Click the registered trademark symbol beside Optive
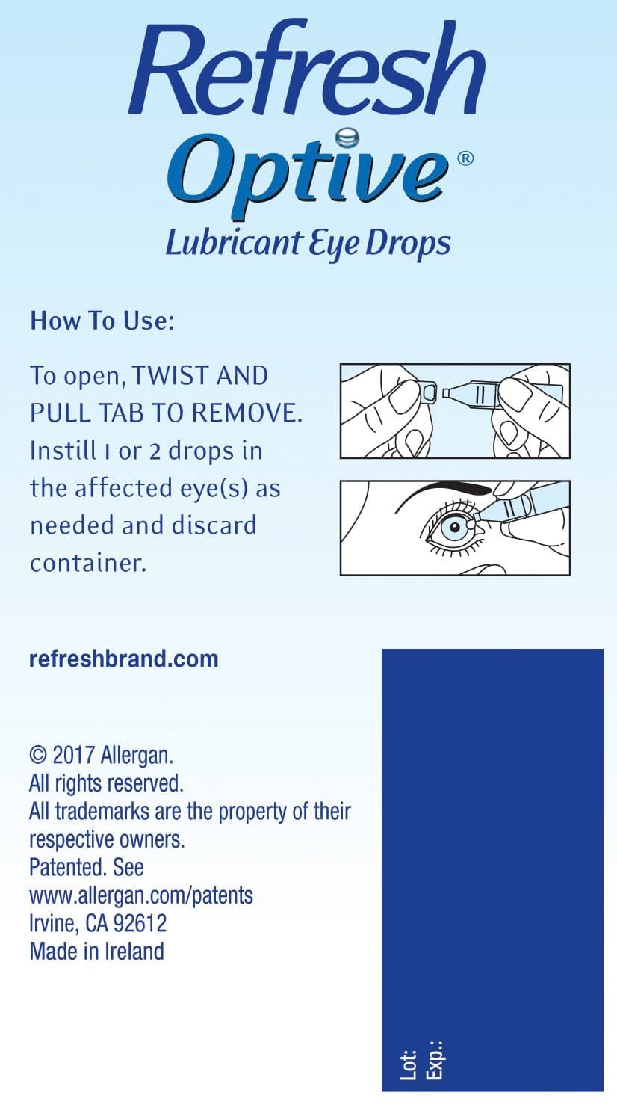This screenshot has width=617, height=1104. click(x=465, y=158)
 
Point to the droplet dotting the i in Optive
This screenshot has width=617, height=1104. click(x=347, y=138)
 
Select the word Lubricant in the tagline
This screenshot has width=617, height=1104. click(x=233, y=243)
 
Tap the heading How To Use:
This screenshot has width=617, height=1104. click(x=102, y=321)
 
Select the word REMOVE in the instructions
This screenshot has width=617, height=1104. click(x=247, y=413)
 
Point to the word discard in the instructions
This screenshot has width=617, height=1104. click(x=214, y=525)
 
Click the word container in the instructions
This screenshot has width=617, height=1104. click(x=89, y=563)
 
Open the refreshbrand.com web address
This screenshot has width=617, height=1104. click(x=124, y=659)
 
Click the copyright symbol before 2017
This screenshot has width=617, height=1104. click(x=38, y=755)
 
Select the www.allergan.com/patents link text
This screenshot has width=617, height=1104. click(x=141, y=896)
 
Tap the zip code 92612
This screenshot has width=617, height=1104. click(x=140, y=923)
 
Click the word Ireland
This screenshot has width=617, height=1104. click(x=134, y=952)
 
